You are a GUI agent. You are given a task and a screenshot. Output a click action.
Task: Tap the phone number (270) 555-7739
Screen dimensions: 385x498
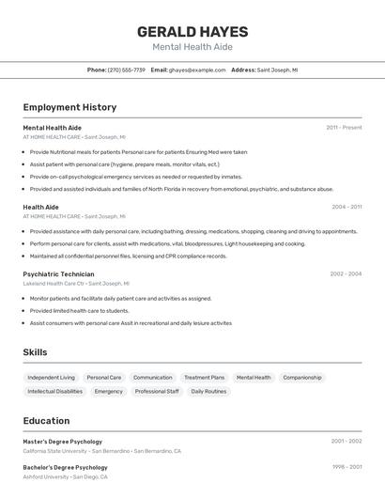pos(127,70)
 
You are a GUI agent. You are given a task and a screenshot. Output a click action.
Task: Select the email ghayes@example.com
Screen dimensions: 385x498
pos(197,70)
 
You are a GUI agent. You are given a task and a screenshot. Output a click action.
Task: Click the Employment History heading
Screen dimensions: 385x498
pos(69,107)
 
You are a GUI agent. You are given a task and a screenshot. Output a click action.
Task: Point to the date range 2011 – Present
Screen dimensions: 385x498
pos(344,128)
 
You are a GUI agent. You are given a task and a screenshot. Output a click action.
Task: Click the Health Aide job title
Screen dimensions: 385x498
pos(40,207)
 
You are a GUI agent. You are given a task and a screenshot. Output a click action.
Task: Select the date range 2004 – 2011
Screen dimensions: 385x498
pos(346,207)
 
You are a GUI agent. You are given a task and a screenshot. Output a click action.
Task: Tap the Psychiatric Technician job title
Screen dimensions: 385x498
pos(58,273)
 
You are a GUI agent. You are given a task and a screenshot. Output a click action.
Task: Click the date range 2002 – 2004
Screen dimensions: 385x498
pos(346,273)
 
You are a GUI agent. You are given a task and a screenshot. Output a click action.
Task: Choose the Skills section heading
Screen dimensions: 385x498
pos(36,352)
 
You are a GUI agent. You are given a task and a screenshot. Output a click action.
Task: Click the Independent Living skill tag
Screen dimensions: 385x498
pos(51,378)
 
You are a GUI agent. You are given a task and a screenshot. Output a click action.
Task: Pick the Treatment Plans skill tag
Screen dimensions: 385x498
pos(204,378)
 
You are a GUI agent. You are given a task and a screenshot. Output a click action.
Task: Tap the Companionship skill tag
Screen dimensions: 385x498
pos(302,378)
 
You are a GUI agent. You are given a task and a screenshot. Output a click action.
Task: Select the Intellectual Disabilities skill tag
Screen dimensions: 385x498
pos(54,391)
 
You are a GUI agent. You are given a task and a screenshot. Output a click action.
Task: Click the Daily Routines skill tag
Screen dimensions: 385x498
pos(208,391)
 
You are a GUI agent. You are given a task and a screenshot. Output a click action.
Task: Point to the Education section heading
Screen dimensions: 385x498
pos(46,421)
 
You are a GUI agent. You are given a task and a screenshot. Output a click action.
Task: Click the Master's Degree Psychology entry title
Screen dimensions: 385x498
pos(62,441)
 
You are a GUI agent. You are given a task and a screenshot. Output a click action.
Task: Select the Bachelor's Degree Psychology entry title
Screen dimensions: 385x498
pos(65,467)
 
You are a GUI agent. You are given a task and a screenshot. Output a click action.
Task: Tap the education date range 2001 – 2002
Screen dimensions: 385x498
pos(346,441)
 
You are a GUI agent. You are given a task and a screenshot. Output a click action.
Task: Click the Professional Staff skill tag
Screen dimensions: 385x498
pos(157,391)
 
